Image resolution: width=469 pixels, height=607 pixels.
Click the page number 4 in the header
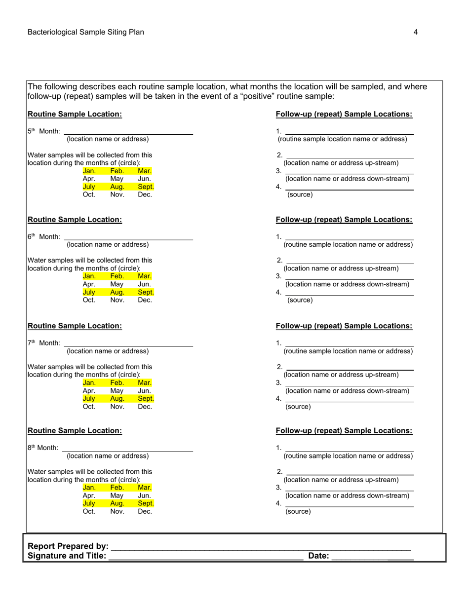pos(416,32)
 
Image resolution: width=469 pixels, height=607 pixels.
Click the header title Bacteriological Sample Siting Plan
pos(86,32)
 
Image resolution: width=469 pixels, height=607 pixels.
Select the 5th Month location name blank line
pos(128,133)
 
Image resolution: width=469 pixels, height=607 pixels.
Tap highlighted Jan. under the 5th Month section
pos(89,171)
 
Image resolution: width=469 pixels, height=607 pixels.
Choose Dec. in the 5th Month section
pos(145,195)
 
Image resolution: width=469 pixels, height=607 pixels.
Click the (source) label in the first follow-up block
pos(300,195)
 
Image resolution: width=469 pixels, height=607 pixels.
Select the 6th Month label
pos(44,237)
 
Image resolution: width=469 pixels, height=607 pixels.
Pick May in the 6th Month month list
pos(117,284)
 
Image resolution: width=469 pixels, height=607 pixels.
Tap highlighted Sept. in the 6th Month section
pos(146,292)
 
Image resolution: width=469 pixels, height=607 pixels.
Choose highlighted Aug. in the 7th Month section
pos(117,399)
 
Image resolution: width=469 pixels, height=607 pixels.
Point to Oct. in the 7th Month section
pos(89,407)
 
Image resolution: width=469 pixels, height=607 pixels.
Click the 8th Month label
pos(43,448)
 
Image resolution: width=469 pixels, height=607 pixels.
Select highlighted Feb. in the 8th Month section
pos(117,488)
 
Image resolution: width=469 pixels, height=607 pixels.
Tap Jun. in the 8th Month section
pos(145,495)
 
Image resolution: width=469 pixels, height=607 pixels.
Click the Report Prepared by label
pos(68,546)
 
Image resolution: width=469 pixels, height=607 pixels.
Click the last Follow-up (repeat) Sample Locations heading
pos(344,431)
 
